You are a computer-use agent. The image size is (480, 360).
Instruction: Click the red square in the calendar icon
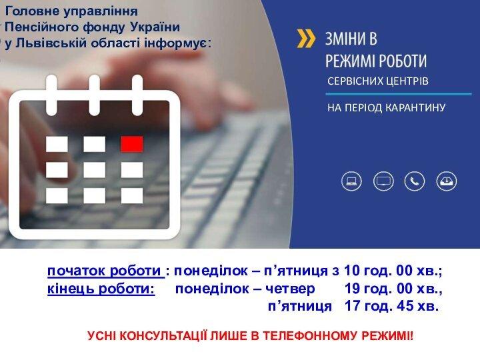click(x=132, y=144)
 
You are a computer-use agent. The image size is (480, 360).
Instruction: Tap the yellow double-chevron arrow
click(x=306, y=39)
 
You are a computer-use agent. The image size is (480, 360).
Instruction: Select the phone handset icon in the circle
click(x=415, y=181)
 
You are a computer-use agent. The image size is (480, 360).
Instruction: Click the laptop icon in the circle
click(x=351, y=181)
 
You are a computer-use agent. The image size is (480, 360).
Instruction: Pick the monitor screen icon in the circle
click(x=383, y=181)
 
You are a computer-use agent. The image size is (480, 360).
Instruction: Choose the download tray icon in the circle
click(x=447, y=181)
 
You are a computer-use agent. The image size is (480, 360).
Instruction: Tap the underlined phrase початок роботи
click(x=105, y=271)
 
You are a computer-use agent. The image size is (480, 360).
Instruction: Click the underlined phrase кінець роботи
click(x=101, y=289)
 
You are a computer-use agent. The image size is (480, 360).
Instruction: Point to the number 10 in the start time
click(x=352, y=271)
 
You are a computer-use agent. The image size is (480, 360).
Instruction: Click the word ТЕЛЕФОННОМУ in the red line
click(x=311, y=336)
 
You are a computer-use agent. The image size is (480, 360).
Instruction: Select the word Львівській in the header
click(x=51, y=43)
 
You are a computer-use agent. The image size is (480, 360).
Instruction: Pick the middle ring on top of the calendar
click(x=94, y=95)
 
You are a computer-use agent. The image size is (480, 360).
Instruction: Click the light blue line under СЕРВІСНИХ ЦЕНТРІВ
click(x=398, y=94)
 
